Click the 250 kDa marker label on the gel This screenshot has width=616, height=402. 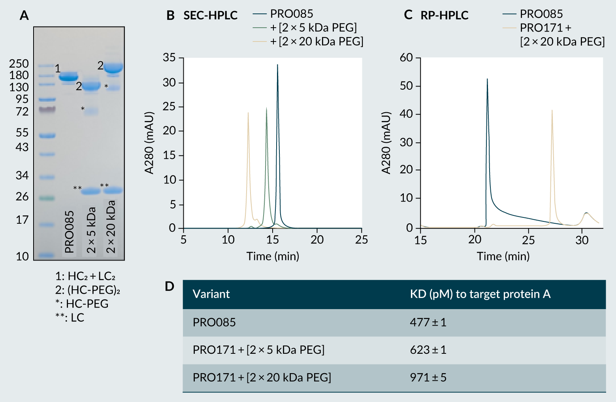pyautogui.click(x=19, y=64)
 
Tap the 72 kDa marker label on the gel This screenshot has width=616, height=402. pyautogui.click(x=22, y=112)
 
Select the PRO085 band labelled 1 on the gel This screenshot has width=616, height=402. pyautogui.click(x=69, y=76)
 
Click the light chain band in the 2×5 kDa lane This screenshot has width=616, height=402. pyautogui.click(x=91, y=191)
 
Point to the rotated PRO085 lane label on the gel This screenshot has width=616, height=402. pyautogui.click(x=70, y=232)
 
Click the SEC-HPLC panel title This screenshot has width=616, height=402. pyautogui.click(x=210, y=15)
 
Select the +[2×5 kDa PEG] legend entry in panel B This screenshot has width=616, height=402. pyautogui.click(x=313, y=28)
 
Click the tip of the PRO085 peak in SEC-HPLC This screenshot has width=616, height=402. pyautogui.click(x=277, y=65)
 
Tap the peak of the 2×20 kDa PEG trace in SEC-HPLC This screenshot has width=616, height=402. pyautogui.click(x=248, y=113)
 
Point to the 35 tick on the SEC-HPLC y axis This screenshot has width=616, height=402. pyautogui.click(x=170, y=58)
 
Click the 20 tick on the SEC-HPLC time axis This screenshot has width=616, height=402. pyautogui.click(x=317, y=240)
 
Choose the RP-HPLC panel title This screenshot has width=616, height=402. pyautogui.click(x=444, y=15)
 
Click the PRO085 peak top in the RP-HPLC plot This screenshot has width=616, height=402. pyautogui.click(x=487, y=79)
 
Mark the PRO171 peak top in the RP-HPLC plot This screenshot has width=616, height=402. pyautogui.click(x=552, y=111)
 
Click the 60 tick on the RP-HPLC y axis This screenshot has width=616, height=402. pyautogui.click(x=406, y=58)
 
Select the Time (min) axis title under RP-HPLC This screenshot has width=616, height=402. pyautogui.click(x=503, y=256)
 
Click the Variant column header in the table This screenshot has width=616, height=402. pyautogui.click(x=211, y=294)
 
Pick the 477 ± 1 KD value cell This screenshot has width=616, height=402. pyautogui.click(x=428, y=322)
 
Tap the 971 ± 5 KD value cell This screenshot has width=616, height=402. pyautogui.click(x=428, y=377)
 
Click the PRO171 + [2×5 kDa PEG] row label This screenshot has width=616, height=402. pyautogui.click(x=258, y=350)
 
